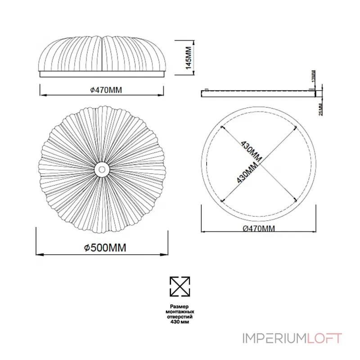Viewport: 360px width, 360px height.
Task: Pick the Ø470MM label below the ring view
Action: coord(258,228)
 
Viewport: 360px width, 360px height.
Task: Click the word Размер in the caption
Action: coord(180,306)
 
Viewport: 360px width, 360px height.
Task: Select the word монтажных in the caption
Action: coord(180,311)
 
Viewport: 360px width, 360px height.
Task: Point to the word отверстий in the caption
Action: coord(180,317)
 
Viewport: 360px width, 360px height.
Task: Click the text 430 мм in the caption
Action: coord(180,322)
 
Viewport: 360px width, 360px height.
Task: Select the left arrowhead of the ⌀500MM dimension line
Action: coord(38,255)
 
